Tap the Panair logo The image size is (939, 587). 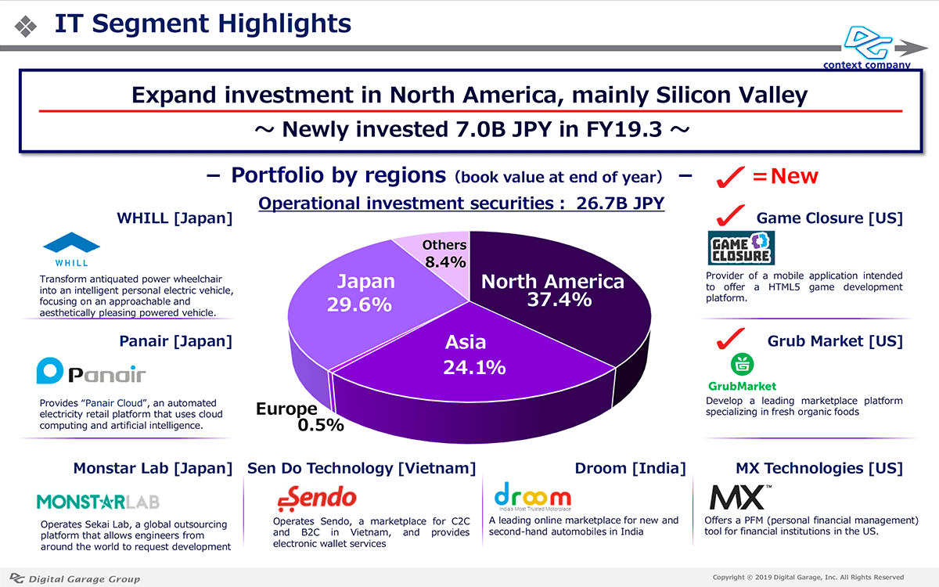(x=91, y=372)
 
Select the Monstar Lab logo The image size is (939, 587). (x=97, y=501)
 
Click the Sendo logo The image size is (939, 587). (x=317, y=497)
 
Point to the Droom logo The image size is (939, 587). (x=533, y=496)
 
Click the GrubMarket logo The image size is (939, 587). (x=742, y=373)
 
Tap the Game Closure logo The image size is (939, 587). (x=740, y=247)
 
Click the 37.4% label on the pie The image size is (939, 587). (x=559, y=300)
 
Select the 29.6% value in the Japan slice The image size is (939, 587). (x=360, y=304)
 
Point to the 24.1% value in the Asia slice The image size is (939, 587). (x=474, y=366)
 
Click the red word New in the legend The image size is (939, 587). (x=794, y=177)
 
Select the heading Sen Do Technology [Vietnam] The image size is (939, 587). (x=362, y=468)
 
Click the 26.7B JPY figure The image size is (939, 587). (x=621, y=203)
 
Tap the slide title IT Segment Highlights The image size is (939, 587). (x=203, y=23)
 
